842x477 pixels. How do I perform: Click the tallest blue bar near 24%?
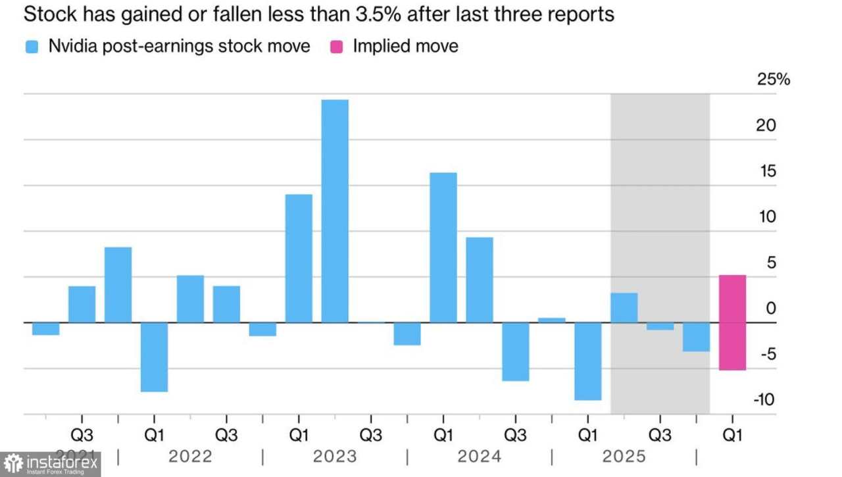(x=335, y=211)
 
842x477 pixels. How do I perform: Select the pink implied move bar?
(x=732, y=322)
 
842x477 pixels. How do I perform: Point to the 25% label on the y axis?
(x=773, y=80)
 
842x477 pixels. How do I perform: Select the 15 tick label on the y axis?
(x=767, y=172)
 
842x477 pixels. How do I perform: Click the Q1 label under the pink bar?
(x=732, y=435)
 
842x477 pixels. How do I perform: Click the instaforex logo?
(x=50, y=464)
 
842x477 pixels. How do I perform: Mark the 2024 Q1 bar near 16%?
(x=443, y=247)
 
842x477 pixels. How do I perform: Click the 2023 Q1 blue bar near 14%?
(x=299, y=258)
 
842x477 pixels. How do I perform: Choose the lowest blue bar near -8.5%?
(x=588, y=361)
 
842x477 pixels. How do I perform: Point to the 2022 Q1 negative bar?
(x=154, y=357)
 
